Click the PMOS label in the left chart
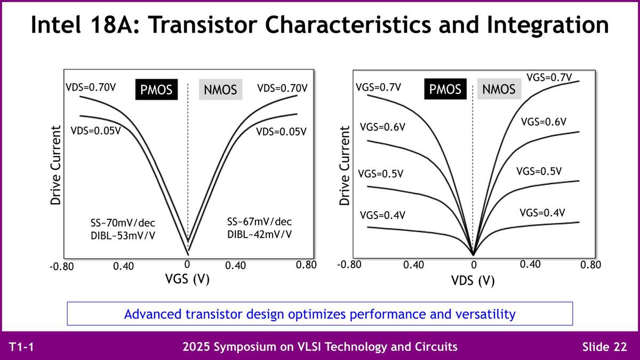(x=156, y=90)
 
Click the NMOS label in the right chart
(x=499, y=89)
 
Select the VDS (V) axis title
(x=473, y=281)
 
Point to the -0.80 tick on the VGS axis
(x=61, y=266)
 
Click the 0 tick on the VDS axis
(x=473, y=265)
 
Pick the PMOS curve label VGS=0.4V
(x=382, y=215)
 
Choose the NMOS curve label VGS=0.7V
(x=549, y=77)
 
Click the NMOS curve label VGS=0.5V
(x=539, y=171)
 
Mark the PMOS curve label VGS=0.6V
(x=382, y=127)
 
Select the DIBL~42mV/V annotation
(x=259, y=234)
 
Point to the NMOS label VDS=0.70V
(x=282, y=87)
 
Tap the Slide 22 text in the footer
(x=604, y=347)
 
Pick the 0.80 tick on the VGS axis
(x=306, y=265)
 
